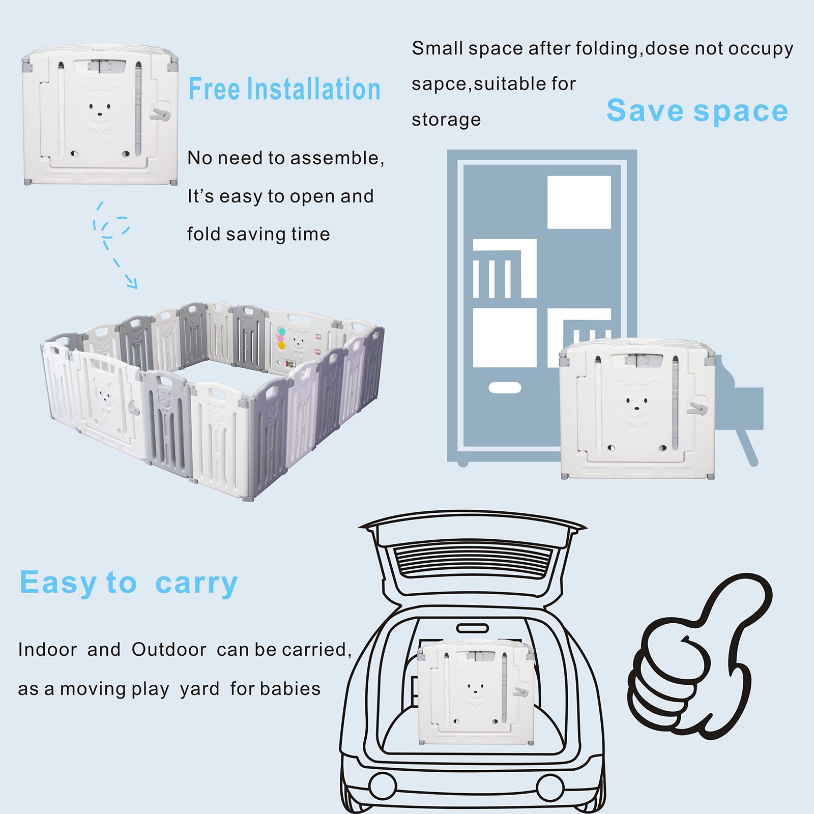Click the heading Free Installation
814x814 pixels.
(284, 90)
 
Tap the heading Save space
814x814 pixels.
(697, 111)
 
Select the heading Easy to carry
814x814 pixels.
(129, 583)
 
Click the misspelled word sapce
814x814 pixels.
(441, 84)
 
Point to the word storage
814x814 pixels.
(446, 120)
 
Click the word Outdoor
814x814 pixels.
(169, 650)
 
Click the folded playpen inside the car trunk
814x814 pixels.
(475, 692)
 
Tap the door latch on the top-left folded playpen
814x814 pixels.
(160, 114)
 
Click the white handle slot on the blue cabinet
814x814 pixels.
(505, 388)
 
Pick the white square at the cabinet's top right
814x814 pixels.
(579, 202)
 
